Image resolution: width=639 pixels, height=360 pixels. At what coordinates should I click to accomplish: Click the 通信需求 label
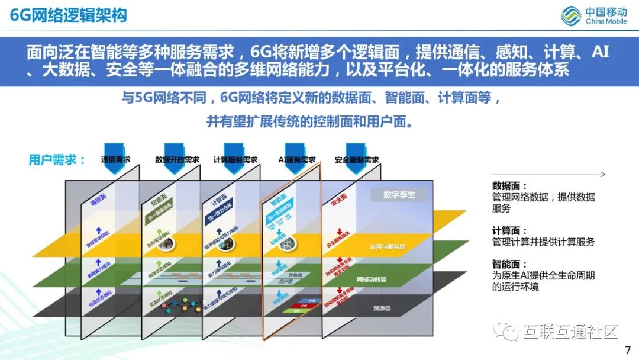coord(115,159)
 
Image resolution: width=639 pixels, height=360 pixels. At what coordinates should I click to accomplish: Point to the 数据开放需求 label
coord(177,160)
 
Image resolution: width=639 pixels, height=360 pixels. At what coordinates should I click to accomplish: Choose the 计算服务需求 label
coord(235,160)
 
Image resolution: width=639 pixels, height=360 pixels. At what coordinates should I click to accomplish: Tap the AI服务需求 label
coord(296,160)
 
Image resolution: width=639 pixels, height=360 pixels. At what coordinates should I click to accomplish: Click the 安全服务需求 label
coord(356,160)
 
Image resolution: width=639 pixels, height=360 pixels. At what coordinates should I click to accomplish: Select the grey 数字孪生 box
coord(399,194)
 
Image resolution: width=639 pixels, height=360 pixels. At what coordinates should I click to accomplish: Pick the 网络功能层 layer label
coord(372,279)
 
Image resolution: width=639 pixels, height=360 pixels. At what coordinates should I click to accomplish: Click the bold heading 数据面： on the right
coord(509,185)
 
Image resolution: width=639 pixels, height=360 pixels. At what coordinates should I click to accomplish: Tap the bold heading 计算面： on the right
coord(509,230)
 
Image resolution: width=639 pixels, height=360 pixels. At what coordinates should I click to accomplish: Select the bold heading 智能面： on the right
coord(509,265)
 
